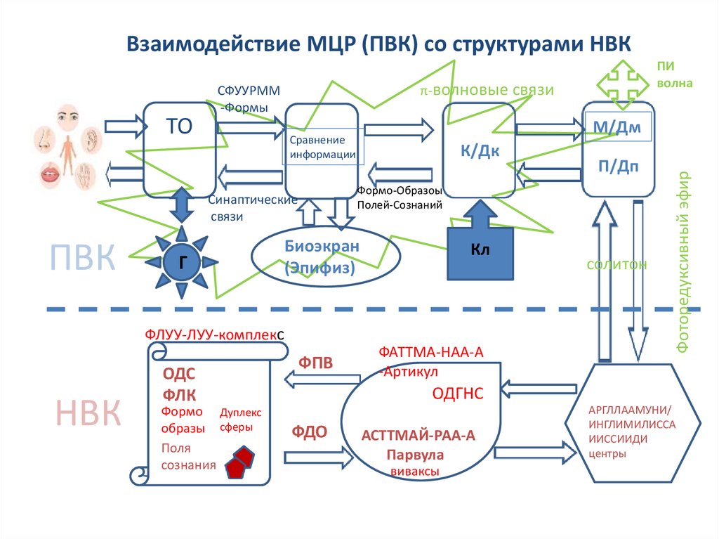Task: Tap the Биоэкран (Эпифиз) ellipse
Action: (x=322, y=256)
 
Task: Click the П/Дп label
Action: (x=618, y=166)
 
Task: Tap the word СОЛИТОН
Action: (x=616, y=264)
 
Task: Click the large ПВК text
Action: (x=82, y=259)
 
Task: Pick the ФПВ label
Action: (x=315, y=363)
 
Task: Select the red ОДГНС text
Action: (x=456, y=394)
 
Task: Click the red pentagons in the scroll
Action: (x=239, y=461)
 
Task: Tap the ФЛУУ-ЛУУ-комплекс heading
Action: (x=214, y=335)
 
